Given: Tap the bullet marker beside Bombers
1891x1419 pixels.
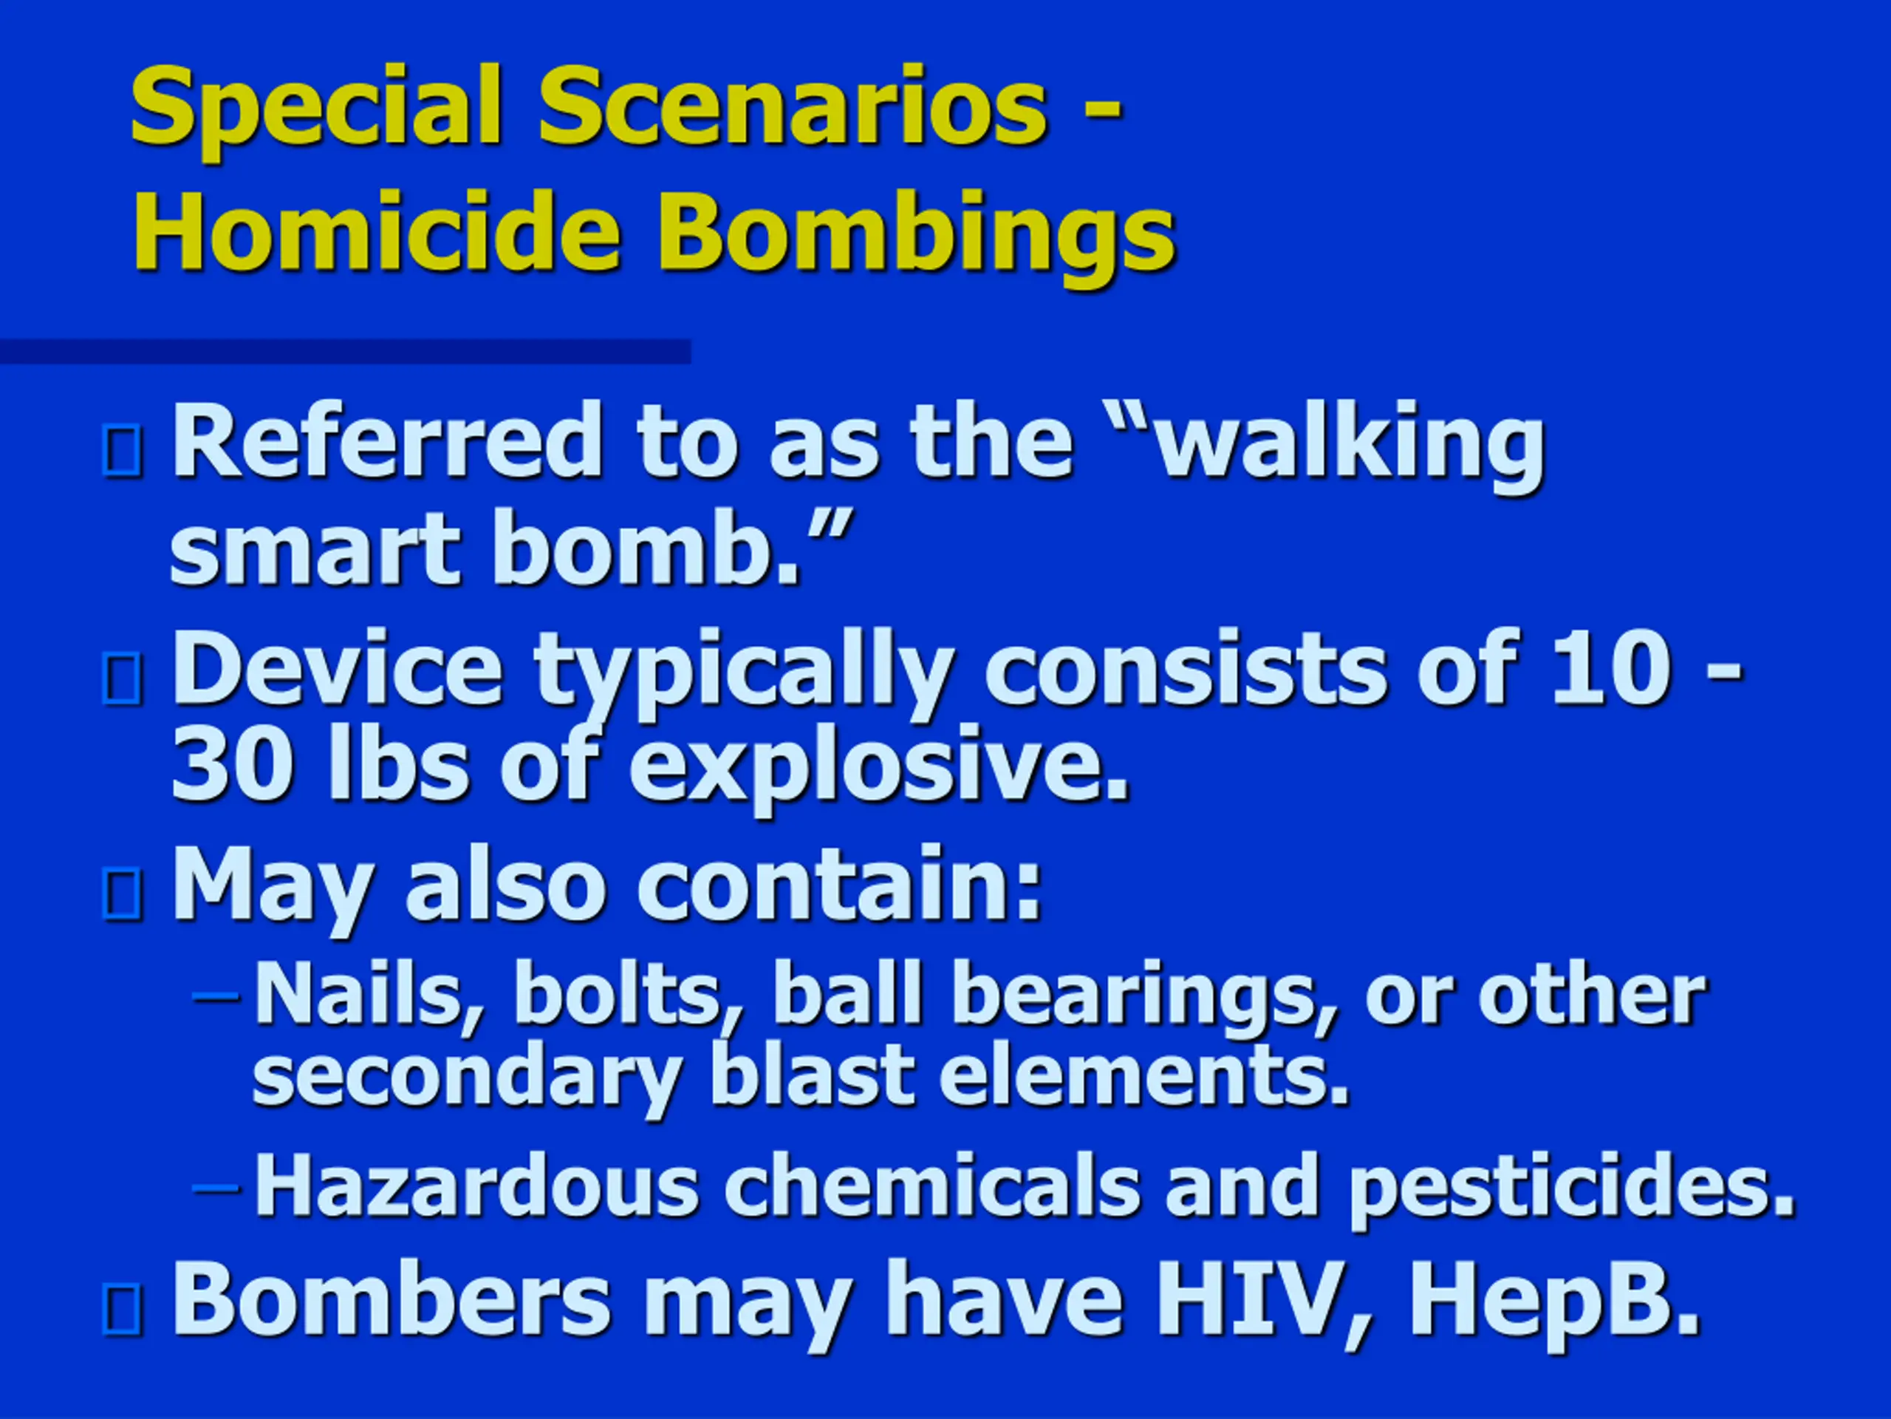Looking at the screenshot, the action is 122,1309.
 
